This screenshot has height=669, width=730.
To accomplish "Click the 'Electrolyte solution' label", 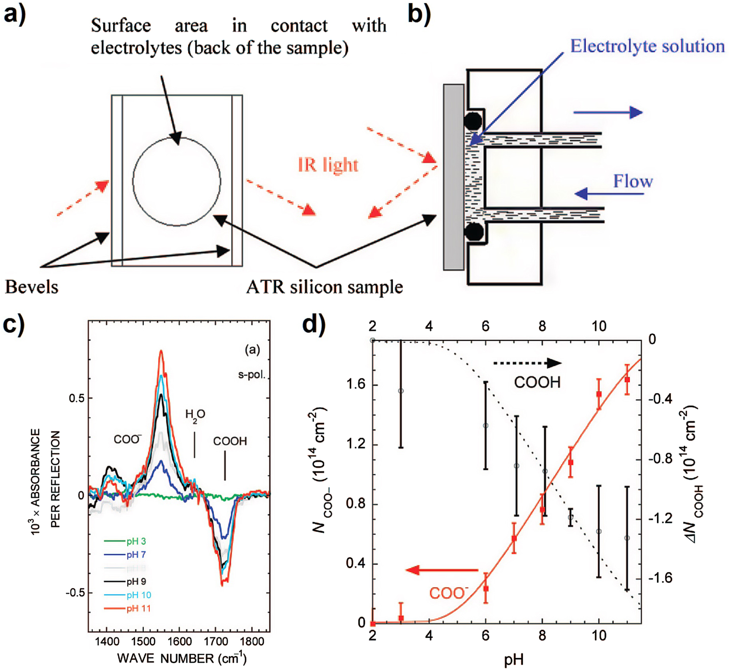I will point(647,46).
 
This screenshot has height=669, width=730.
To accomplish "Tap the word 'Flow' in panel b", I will point(633,181).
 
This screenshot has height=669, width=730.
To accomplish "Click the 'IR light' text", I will point(328,165).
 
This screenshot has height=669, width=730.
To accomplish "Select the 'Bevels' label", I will point(31,287).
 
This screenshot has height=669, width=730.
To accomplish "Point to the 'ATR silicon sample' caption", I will point(324,287).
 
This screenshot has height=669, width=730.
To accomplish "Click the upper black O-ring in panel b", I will point(473,121).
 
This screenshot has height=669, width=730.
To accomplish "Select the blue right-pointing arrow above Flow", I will point(608,112).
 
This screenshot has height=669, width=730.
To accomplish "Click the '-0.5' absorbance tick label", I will point(75,593).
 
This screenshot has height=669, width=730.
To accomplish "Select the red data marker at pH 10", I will point(599,394).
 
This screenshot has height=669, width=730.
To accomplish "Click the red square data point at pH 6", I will point(486,589).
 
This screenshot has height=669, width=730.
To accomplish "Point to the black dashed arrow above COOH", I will point(527,363).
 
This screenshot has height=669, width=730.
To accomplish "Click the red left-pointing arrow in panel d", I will point(441,570).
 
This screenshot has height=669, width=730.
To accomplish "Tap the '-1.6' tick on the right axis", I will point(659,579).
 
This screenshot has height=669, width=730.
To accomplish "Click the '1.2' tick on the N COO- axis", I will point(356,444).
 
